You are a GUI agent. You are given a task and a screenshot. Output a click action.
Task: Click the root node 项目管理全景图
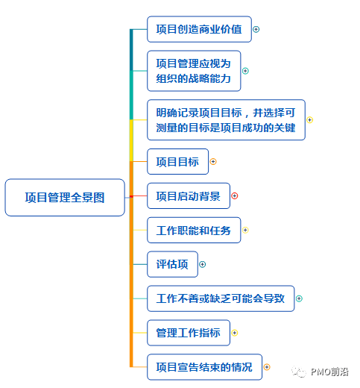pos(65,198)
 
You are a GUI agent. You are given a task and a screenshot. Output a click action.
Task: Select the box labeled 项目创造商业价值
pos(198,30)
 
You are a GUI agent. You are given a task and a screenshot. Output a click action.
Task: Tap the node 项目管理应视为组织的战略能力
pos(194,71)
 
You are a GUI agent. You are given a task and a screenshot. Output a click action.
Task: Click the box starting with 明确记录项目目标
pos(226,119)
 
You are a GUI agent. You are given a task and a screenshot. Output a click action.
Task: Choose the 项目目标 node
pos(177,161)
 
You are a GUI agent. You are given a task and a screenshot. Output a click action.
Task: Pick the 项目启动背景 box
pos(188,196)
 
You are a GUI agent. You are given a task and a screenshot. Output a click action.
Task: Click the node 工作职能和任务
pos(194,230)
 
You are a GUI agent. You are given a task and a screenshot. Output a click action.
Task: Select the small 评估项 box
pos(172,264)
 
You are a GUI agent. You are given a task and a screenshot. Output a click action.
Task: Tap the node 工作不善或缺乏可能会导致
pos(221,298)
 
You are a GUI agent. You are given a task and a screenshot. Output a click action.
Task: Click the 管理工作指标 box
pos(188,333)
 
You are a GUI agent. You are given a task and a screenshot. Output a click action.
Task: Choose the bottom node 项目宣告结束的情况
pos(204,367)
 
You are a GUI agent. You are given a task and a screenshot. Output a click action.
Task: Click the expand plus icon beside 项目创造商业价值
pos(256,30)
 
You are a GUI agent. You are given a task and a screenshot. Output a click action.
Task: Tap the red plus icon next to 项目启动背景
pos(235,196)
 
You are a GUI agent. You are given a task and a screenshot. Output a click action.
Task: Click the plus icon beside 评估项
pos(202,264)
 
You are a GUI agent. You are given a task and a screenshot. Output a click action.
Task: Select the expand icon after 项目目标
pos(213,161)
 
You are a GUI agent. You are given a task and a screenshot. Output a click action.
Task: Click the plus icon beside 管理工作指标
pos(235,333)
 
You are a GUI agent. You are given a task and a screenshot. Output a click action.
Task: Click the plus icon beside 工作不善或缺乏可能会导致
pos(300,298)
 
